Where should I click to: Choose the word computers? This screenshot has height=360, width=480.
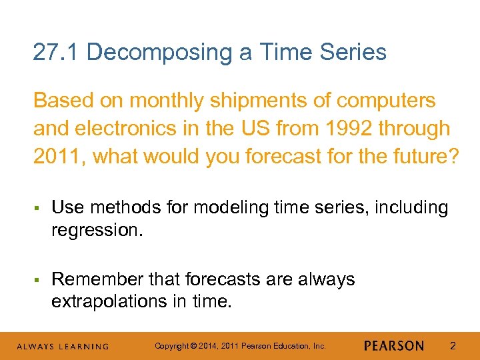click(386, 101)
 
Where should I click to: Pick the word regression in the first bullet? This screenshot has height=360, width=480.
click(95, 230)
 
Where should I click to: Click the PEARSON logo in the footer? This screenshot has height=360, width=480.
click(394, 346)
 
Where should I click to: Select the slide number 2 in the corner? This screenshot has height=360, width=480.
click(453, 346)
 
